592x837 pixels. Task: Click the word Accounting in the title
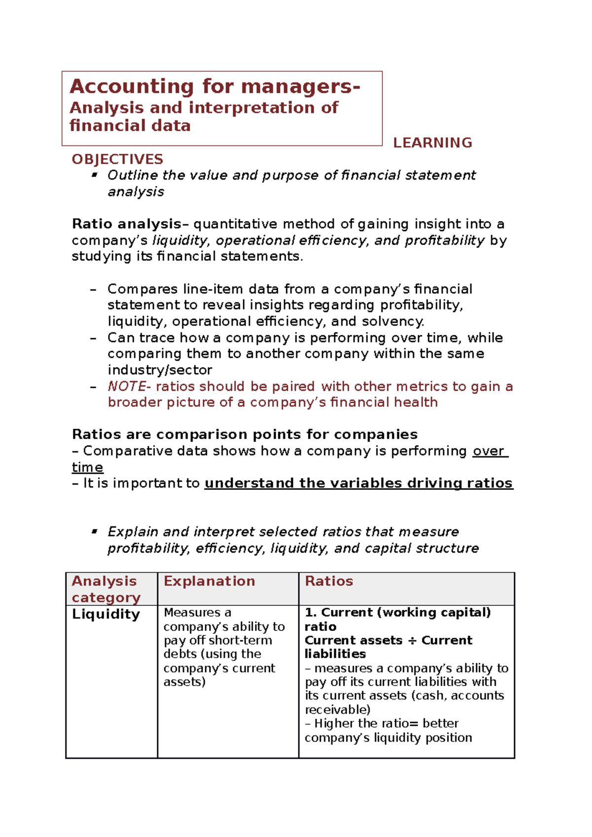click(x=131, y=87)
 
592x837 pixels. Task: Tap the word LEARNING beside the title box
click(x=432, y=143)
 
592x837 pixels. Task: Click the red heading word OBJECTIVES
click(x=117, y=159)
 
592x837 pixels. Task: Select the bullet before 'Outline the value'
click(x=94, y=174)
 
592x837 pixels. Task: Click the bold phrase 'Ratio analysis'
click(x=127, y=224)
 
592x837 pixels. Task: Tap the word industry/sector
click(x=160, y=370)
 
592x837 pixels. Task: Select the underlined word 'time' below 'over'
click(x=87, y=467)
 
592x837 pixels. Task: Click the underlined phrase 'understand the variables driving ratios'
click(x=359, y=483)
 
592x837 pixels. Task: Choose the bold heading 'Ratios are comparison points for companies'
click(x=245, y=435)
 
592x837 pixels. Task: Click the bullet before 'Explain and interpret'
click(x=94, y=531)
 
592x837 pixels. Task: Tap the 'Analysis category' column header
click(x=106, y=589)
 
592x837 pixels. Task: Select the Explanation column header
click(x=209, y=581)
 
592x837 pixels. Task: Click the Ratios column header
click(x=329, y=581)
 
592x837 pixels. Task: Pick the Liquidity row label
click(x=106, y=614)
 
